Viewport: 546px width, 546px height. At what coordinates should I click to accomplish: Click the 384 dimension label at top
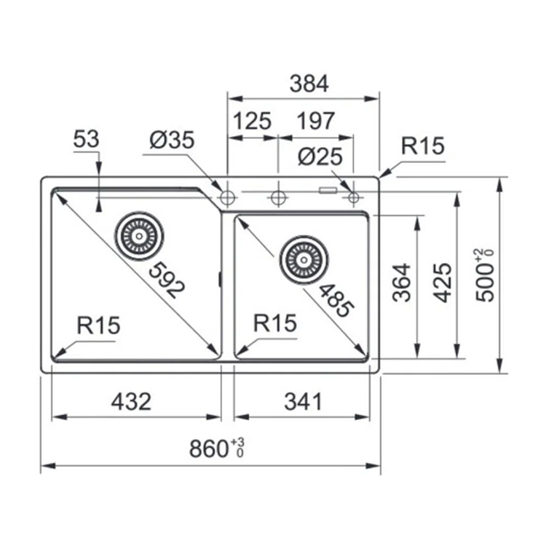pos(309,84)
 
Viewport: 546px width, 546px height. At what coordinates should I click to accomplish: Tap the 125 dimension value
pos(252,121)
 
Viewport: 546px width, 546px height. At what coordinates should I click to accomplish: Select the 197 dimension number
pos(315,121)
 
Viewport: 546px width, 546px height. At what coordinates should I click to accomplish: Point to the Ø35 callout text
pos(172,140)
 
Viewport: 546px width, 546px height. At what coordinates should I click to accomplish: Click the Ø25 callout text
pos(320,157)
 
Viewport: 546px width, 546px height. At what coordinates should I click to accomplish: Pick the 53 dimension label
pos(87,138)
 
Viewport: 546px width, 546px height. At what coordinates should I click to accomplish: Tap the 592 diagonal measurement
pos(167,280)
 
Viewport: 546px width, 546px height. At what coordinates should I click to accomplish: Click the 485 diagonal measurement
pos(336,300)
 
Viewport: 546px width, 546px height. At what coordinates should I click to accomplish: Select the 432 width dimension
pos(131,401)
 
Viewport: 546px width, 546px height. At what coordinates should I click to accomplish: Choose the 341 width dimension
pos(303,401)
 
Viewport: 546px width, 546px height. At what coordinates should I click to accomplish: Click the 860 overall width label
pos(217,448)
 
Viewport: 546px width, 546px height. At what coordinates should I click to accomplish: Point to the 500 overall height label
pos(484,275)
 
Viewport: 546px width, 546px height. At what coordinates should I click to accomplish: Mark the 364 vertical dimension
pos(401,282)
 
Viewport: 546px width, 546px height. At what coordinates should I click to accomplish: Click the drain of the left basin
pos(139,236)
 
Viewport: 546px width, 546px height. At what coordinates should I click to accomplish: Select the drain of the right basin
pos(304,260)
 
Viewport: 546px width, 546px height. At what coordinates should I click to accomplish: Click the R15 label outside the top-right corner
pos(423,146)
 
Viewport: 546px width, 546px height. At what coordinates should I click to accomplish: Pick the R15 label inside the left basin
pos(98,325)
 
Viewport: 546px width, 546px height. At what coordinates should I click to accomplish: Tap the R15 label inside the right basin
pos(275,323)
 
